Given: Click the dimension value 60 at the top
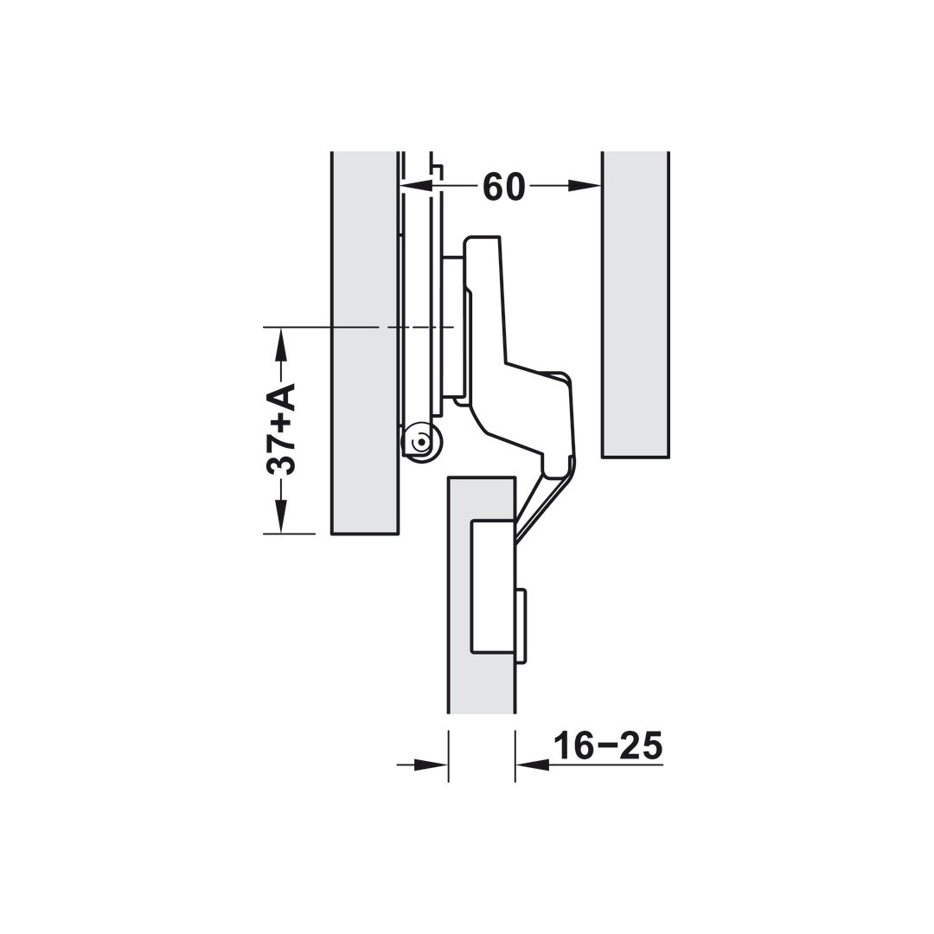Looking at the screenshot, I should (504, 186).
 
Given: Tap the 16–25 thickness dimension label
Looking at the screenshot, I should (608, 745).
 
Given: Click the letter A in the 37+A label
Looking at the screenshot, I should (280, 397).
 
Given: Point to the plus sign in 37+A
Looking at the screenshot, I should (280, 422).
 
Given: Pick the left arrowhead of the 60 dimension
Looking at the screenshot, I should (416, 185).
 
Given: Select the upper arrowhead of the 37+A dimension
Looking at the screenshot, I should (281, 344).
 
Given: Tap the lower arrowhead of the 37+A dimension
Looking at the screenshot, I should (281, 516).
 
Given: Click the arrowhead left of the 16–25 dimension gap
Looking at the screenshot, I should (431, 764).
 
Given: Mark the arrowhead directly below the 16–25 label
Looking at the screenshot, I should (533, 764).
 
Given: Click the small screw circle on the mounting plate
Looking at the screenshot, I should (421, 442).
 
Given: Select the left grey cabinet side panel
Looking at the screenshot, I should (364, 342).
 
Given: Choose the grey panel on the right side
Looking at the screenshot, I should (635, 303).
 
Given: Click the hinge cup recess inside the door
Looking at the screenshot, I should (493, 586).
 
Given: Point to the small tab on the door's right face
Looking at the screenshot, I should (521, 626).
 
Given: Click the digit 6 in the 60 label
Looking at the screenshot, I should (493, 186).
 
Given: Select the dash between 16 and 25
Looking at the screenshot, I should (608, 745).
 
